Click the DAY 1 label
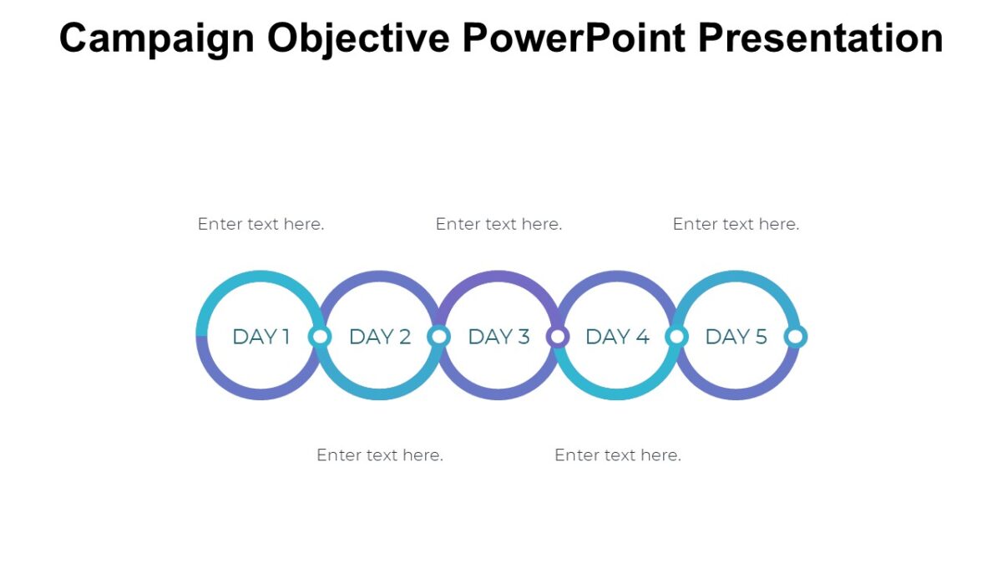261,337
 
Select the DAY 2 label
380,337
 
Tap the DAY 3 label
498,337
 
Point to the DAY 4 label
617,337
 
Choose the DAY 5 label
736,337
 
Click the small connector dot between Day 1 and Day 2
320,337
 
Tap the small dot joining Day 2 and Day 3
439,337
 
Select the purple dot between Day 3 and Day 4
558,337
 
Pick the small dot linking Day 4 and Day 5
676,337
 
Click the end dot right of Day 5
796,337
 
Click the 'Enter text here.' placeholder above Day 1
261,224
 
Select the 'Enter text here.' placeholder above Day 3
498,224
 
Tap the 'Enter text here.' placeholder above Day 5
736,224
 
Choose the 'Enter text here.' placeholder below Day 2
380,455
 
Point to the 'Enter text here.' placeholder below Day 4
617,455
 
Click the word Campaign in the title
157,38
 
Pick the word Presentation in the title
821,38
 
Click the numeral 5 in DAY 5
761,337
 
